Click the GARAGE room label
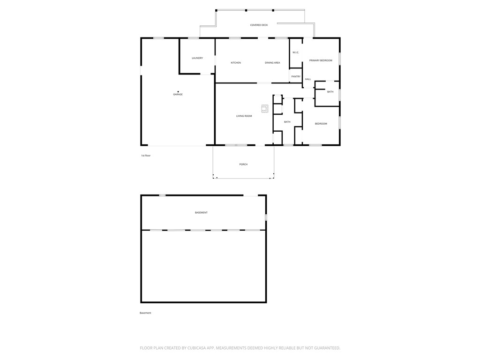(178, 95)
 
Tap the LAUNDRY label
(197, 58)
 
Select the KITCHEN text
(236, 63)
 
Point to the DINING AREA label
(272, 63)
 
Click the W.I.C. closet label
(296, 52)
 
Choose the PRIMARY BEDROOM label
(321, 60)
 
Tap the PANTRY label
(296, 76)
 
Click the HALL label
(308, 79)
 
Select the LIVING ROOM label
(244, 116)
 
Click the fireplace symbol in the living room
(265, 109)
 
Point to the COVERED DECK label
(259, 25)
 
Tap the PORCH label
(243, 165)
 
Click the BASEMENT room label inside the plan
(201, 213)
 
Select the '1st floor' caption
(146, 156)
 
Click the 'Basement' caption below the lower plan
(145, 313)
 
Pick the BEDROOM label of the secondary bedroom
(321, 124)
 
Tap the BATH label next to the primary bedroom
(330, 92)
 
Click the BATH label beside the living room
(287, 122)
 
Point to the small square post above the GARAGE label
(178, 91)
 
